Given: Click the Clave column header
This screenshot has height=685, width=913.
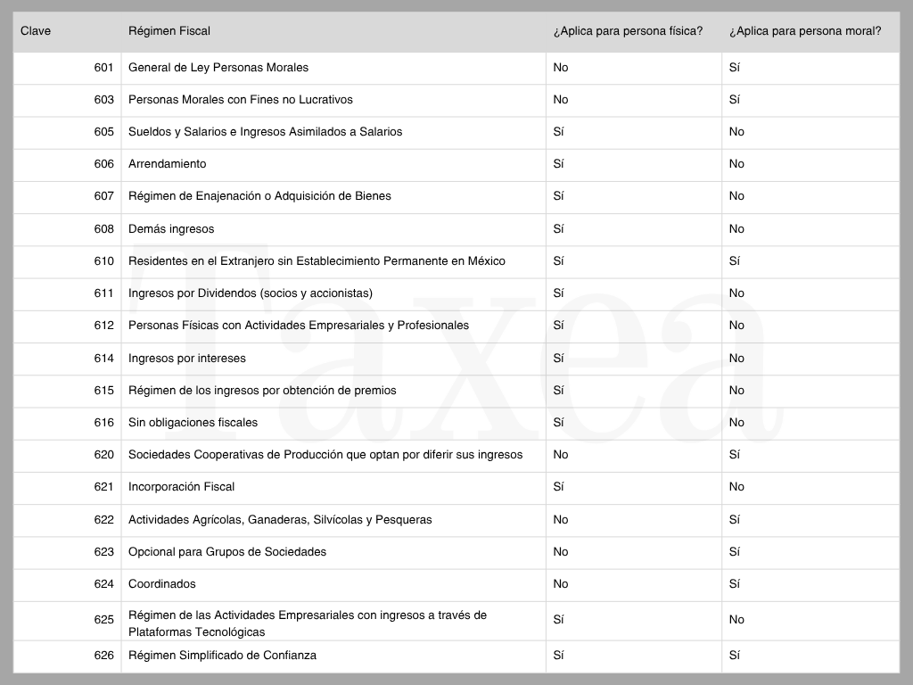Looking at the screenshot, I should click(x=36, y=31).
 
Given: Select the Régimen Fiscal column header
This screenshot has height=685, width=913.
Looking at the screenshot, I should click(x=169, y=31).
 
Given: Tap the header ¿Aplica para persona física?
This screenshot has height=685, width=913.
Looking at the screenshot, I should click(x=628, y=31).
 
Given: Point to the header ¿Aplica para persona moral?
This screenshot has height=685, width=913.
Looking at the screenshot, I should click(x=805, y=31).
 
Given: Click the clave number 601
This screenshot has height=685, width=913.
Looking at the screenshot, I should click(x=103, y=68).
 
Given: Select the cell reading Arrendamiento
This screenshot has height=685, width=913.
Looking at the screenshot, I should click(x=167, y=164).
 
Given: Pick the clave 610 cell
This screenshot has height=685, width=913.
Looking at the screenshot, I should click(x=103, y=261).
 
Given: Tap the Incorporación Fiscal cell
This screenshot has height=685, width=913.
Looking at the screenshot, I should click(x=181, y=487).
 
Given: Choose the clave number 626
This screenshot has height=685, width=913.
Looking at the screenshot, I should click(x=103, y=656).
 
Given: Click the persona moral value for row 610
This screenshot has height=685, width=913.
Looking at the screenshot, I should click(x=735, y=261).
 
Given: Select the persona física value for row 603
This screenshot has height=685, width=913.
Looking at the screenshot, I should click(x=560, y=100).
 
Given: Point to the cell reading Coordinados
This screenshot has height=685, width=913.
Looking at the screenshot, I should click(x=161, y=584).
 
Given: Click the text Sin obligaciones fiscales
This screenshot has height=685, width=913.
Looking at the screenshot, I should click(x=193, y=423).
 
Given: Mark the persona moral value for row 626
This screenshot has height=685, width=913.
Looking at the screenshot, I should click(x=735, y=656).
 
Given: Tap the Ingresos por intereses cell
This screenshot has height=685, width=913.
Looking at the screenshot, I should click(x=186, y=359).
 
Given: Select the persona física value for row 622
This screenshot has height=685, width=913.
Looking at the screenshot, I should click(x=560, y=520).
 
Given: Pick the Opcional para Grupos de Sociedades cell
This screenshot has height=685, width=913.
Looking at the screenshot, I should click(x=226, y=552).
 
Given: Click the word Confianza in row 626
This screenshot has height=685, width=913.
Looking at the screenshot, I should click(x=288, y=656).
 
